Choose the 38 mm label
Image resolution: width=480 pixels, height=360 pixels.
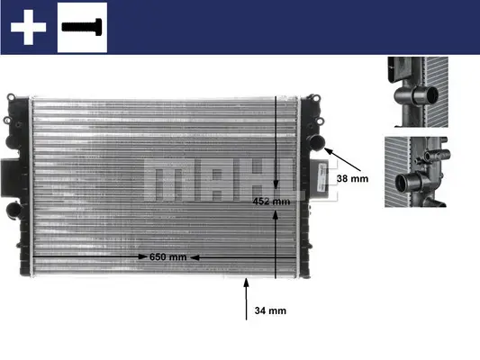tap(352, 178)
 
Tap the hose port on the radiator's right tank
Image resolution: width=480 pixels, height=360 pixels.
tap(314, 141)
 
